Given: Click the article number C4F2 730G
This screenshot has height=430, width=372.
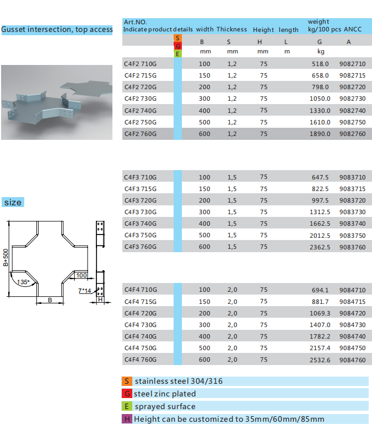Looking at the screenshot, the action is tap(141, 99).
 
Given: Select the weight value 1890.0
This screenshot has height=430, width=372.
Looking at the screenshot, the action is tap(320, 134).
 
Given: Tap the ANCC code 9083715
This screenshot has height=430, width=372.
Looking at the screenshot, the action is tap(352, 189).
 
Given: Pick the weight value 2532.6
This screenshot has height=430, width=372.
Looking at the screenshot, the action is tap(320, 360).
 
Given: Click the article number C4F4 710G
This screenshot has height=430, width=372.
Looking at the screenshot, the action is tap(141, 290).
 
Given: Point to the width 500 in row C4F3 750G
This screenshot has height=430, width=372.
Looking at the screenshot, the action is tap(204, 235).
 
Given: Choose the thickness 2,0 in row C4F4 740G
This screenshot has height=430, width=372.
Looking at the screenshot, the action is tap(232, 336).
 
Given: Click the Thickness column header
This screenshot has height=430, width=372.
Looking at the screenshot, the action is tap(231, 29).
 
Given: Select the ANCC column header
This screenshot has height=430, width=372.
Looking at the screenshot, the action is tap(353, 29).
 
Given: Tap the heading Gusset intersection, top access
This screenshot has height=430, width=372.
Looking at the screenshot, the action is tap(57, 29).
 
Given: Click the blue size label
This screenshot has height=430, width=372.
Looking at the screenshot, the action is tap(13, 203).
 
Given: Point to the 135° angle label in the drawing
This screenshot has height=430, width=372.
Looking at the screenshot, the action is tap(23, 282).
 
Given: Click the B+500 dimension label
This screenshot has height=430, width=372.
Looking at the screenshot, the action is tap(6, 258).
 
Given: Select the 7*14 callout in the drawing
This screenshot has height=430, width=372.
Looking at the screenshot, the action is tap(84, 291).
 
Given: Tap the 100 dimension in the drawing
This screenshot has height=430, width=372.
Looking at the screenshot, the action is tap(82, 275).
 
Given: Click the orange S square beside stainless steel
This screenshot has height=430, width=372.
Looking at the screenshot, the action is tap(127, 381).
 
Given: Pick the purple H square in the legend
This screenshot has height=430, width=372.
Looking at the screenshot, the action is tap(127, 419).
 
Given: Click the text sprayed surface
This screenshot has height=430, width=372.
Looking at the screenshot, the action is tap(165, 406).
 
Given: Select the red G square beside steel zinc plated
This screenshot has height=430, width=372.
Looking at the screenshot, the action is tap(127, 394).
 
